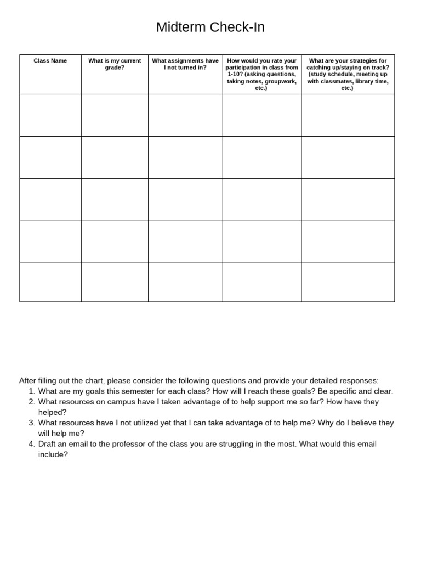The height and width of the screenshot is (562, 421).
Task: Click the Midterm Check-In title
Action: [x=210, y=27]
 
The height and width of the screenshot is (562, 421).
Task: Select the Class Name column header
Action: [x=50, y=61]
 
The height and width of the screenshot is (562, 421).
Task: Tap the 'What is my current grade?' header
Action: [x=115, y=64]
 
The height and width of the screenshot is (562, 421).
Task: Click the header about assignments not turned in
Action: [x=185, y=64]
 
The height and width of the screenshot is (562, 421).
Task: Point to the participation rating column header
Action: [x=261, y=74]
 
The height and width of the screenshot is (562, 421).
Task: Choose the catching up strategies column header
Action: [x=348, y=74]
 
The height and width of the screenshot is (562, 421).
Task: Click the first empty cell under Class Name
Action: [x=50, y=115]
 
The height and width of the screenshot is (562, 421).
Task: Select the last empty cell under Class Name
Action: [x=50, y=282]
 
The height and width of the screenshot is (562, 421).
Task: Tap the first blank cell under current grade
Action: [x=115, y=115]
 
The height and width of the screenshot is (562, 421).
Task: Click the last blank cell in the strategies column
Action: [x=348, y=282]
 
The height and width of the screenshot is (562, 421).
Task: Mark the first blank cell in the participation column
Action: [x=261, y=115]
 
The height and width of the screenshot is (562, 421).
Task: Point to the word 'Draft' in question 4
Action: [x=48, y=444]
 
